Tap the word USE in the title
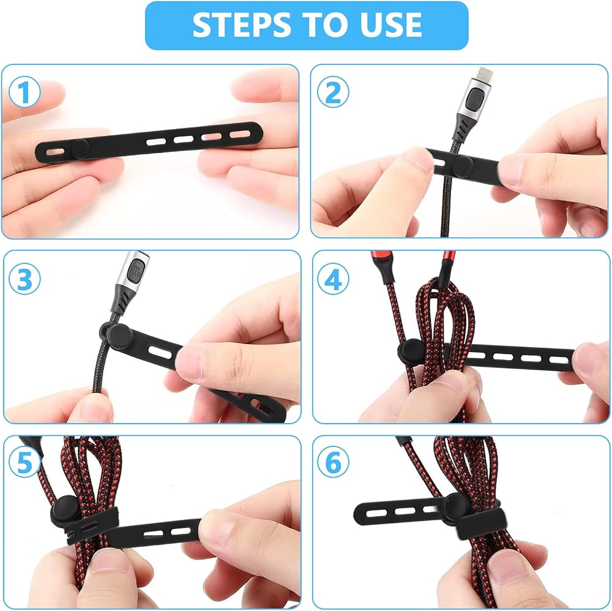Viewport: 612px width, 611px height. [390, 25]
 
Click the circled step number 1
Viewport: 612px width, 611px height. [24, 92]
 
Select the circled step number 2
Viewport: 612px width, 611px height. [333, 92]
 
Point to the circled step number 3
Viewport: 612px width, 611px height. [24, 279]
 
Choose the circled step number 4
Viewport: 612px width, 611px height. [333, 279]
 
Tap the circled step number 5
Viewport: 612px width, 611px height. [24, 462]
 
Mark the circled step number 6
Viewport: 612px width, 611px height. [333, 462]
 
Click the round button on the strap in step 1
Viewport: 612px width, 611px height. [80, 149]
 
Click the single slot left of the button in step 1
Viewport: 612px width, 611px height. [56, 151]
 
